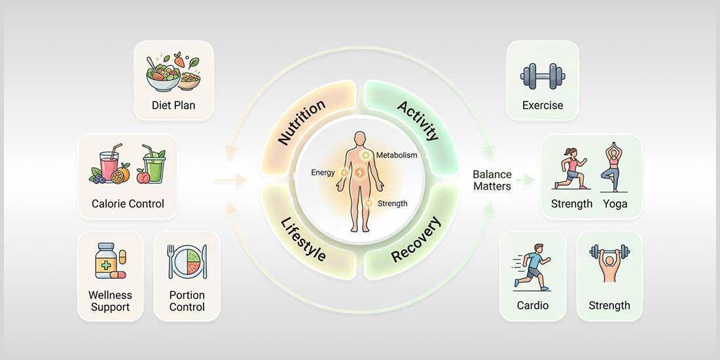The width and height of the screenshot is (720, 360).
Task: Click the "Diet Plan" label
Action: coord(173,105)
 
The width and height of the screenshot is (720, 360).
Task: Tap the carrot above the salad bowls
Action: coord(179,60)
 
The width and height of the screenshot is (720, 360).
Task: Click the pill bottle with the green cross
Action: coord(106,261)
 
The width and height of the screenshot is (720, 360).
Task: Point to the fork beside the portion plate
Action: coord(171,261)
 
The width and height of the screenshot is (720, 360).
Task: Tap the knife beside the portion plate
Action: coord(204,261)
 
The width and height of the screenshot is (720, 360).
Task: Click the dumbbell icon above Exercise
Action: coord(543,77)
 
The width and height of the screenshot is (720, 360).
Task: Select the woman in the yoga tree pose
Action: coord(613,167)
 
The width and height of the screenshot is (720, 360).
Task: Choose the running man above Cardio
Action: coord(533,267)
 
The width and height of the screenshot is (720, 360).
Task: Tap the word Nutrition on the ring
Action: coord(302,122)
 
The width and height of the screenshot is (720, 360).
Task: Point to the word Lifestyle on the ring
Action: coord(304,240)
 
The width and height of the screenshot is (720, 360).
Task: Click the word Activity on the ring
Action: coord(418,121)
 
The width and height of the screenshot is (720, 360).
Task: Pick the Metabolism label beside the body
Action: coord(397,154)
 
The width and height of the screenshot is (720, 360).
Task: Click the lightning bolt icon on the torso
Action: coord(360,173)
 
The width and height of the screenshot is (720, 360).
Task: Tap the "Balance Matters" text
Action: coord(492,181)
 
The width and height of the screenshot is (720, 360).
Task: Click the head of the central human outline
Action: coord(360,139)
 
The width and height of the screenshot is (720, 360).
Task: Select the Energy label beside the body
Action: coord(323,173)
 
